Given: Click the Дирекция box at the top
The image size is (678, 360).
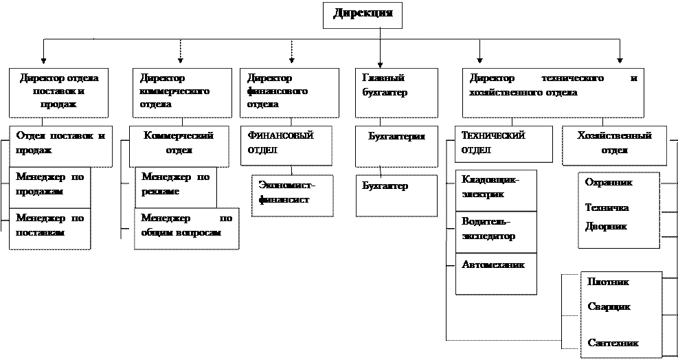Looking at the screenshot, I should pyautogui.click(x=362, y=14).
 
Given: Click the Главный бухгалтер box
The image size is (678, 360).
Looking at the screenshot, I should pyautogui.click(x=396, y=91).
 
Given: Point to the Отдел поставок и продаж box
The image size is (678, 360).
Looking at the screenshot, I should pyautogui.click(x=60, y=145).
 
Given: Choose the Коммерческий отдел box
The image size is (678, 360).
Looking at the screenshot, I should pyautogui.click(x=179, y=145).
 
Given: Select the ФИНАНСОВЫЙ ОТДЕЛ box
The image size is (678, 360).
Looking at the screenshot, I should pyautogui.click(x=286, y=145).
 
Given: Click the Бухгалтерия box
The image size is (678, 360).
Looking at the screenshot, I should pyautogui.click(x=396, y=145).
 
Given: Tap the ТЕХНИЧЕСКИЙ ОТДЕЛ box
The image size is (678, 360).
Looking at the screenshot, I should pyautogui.click(x=504, y=143).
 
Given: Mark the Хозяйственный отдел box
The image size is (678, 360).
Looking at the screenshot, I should pyautogui.click(x=615, y=145).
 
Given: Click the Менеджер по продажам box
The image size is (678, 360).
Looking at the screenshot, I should pyautogui.click(x=49, y=186).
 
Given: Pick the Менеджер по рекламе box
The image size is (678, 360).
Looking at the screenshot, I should pyautogui.click(x=175, y=186).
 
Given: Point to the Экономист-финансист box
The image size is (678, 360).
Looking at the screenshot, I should pyautogui.click(x=291, y=195).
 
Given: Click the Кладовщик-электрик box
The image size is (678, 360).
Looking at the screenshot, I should pyautogui.click(x=496, y=190).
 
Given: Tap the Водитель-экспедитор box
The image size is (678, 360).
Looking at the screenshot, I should pyautogui.click(x=496, y=231).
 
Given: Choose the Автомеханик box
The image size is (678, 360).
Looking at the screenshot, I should pyautogui.click(x=496, y=273).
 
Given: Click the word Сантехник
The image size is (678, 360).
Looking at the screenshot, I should pyautogui.click(x=613, y=342).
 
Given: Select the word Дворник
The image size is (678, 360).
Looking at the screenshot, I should pyautogui.click(x=605, y=226).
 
